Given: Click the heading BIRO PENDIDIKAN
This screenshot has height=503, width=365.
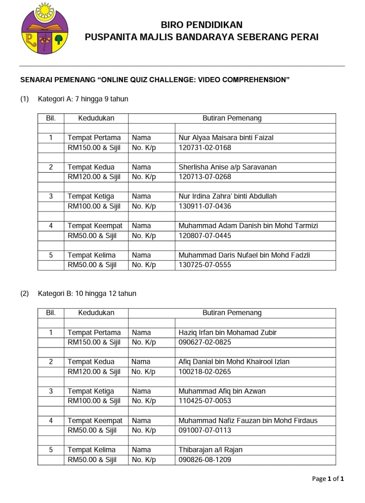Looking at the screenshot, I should click(202, 25).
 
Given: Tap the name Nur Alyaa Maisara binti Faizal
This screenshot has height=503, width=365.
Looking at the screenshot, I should click(226, 138).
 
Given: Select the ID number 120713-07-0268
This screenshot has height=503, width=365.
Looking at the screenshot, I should click(205, 177).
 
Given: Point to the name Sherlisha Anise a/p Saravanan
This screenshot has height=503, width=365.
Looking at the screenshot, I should click(227, 167).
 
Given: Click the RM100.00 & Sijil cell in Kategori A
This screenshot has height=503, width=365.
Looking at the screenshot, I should click(94, 206).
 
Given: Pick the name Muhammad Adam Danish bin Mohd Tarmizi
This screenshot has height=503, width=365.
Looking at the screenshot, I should click(248, 226).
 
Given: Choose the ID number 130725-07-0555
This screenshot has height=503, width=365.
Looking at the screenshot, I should click(205, 265).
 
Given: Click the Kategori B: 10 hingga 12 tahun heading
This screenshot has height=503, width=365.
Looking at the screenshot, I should click(87, 294).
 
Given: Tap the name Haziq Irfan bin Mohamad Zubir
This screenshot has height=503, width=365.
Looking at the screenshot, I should click(227, 332).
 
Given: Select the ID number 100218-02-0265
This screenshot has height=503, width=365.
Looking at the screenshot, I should click(205, 372).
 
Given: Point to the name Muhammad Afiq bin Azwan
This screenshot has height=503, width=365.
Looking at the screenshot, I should click(222, 391).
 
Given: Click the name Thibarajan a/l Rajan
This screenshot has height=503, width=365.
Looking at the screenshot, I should click(210, 450).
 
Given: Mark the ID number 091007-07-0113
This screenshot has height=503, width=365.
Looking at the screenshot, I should click(205, 430).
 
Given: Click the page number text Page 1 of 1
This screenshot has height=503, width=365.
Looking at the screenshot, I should click(328, 479).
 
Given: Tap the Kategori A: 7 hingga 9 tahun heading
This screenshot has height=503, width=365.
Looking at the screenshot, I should click(83, 99).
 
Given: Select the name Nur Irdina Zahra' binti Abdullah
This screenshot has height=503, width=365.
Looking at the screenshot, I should click(228, 196).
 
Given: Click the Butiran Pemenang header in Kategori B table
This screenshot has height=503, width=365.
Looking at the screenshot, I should click(232, 313).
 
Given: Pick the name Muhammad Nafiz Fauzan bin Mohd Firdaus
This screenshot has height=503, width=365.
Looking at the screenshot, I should click(248, 420).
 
